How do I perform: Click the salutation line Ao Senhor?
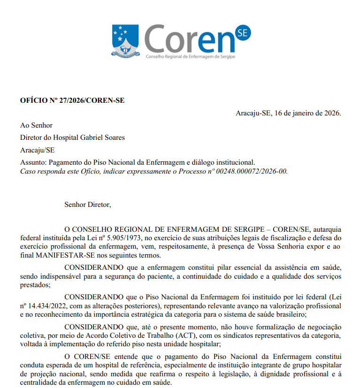[x=36, y=125]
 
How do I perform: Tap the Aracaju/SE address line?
[x=37, y=150]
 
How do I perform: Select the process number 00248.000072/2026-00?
[x=251, y=171]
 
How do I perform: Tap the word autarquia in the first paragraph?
[x=327, y=229]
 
